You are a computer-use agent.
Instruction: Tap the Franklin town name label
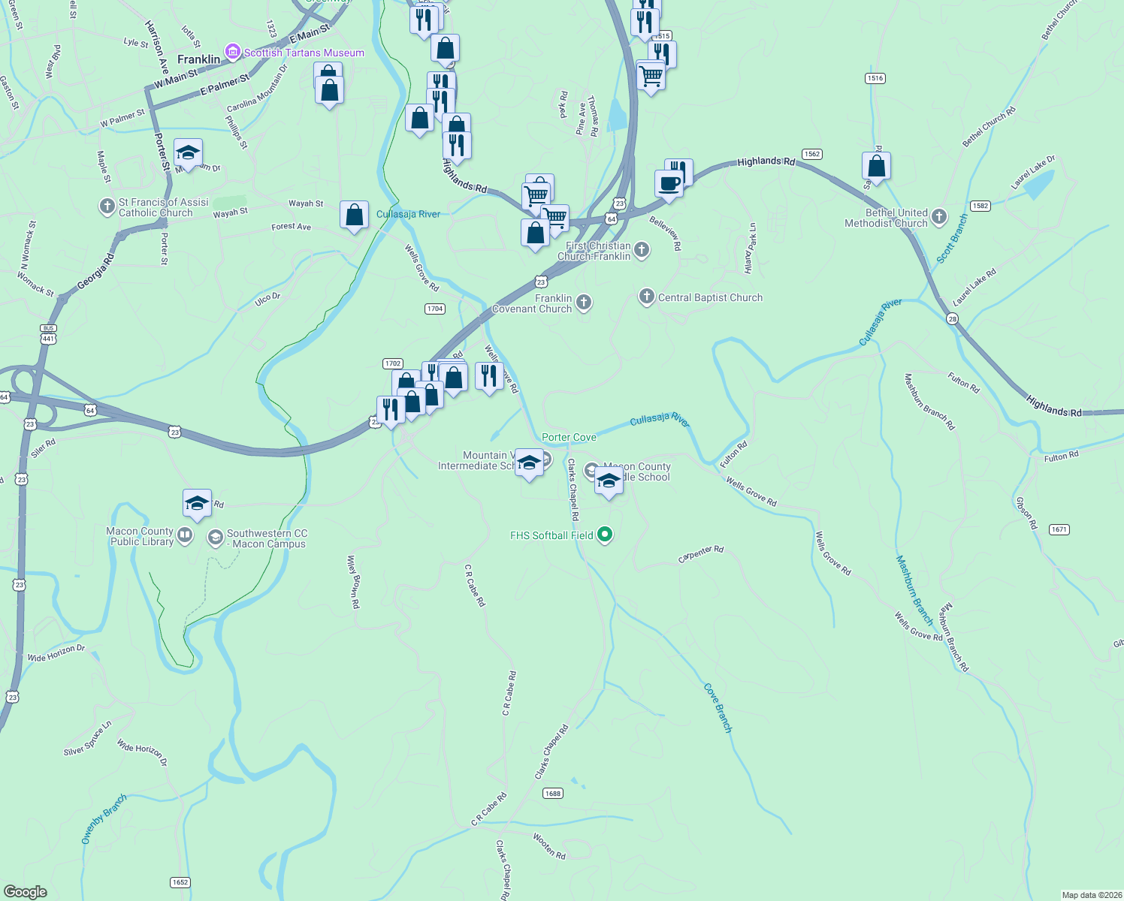(199, 59)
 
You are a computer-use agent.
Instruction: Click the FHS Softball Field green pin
(606, 535)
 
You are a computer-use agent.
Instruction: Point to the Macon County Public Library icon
(185, 536)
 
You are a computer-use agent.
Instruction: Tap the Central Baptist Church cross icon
(646, 297)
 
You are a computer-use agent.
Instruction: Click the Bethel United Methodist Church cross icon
(938, 218)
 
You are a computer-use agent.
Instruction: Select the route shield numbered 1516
(875, 78)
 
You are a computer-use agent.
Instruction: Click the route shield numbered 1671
(1059, 529)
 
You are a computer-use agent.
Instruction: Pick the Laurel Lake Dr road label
(1032, 172)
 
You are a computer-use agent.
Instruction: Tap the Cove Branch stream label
(718, 707)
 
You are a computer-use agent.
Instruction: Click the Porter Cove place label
(569, 437)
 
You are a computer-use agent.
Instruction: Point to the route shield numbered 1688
(553, 793)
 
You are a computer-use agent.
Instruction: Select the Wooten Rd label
(549, 845)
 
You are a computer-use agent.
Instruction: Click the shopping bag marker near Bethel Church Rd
(876, 166)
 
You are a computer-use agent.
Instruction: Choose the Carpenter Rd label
(700, 554)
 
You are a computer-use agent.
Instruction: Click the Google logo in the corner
(26, 891)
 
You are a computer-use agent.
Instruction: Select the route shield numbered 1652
(180, 882)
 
